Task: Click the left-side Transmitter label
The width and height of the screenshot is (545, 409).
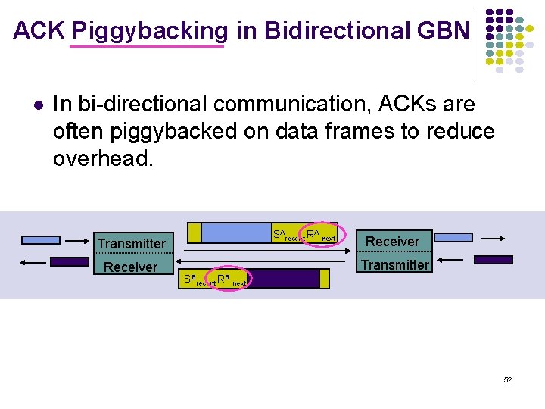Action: tap(131, 243)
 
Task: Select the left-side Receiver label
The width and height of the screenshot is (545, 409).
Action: tap(130, 267)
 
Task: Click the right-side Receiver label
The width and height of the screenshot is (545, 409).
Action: tap(392, 242)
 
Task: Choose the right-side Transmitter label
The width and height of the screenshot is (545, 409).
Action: tap(394, 264)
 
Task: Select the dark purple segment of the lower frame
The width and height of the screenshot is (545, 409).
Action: tap(284, 279)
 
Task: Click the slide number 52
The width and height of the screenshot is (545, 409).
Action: tap(508, 379)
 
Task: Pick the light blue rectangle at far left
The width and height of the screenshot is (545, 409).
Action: tap(41, 240)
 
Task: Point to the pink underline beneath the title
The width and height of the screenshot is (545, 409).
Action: tap(147, 47)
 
